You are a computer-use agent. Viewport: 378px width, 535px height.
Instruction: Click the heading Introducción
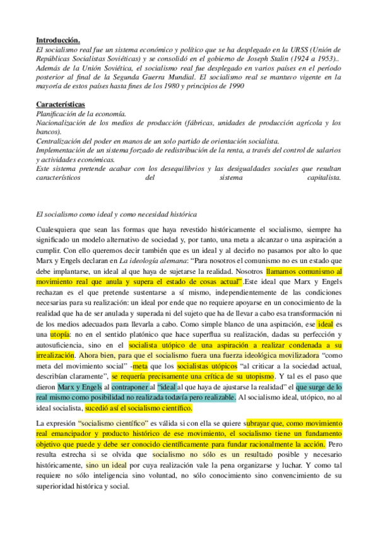(x=57, y=39)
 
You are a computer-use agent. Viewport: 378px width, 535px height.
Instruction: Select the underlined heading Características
(x=60, y=103)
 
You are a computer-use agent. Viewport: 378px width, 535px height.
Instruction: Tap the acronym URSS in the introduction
(x=297, y=49)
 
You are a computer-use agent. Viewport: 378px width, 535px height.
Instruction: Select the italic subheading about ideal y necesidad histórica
(x=117, y=216)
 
